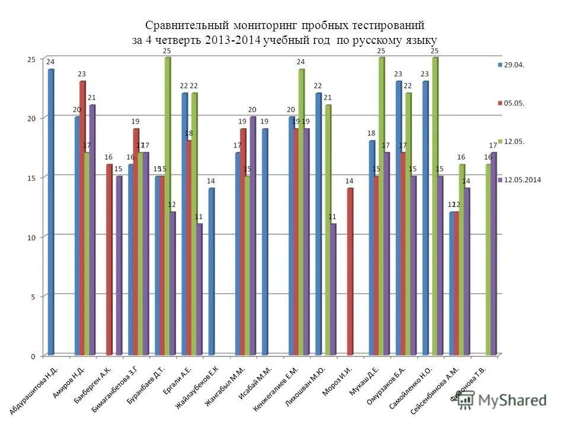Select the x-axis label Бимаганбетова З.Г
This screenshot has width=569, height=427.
(116, 389)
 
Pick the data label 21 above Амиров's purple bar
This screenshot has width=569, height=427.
(91, 98)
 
